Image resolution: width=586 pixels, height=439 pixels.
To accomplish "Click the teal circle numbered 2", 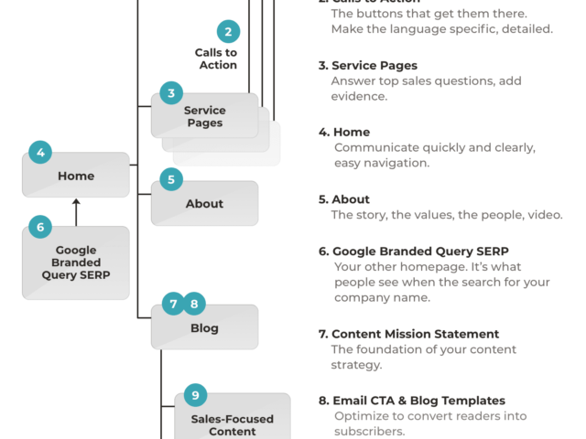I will (x=228, y=32).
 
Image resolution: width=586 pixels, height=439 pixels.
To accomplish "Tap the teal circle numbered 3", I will (x=171, y=92).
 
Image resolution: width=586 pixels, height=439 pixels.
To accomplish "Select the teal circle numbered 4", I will (x=40, y=153).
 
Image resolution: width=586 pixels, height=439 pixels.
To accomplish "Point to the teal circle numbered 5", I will (x=171, y=179).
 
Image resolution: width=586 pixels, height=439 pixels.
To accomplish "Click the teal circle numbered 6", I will (x=40, y=226).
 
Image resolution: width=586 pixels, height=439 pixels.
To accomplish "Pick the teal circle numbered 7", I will (x=173, y=304).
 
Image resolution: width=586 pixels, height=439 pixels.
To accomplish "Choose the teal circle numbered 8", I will (x=194, y=304).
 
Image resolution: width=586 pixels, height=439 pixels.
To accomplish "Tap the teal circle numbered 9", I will (x=194, y=394).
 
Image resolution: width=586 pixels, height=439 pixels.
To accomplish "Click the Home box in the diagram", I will (x=76, y=176).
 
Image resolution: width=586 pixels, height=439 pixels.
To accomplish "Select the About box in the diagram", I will (x=204, y=204).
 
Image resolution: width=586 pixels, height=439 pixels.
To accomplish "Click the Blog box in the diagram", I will (x=204, y=327).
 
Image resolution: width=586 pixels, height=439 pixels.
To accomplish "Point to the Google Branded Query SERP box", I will (x=76, y=263).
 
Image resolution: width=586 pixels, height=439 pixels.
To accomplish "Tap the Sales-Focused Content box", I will (x=232, y=423).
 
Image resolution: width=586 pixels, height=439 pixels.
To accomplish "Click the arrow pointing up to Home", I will (x=76, y=211).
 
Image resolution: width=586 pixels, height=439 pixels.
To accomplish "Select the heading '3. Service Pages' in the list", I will (x=368, y=66).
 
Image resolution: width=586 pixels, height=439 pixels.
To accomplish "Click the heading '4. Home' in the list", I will (x=344, y=132).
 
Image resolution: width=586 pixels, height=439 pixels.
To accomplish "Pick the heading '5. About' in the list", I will (x=344, y=199).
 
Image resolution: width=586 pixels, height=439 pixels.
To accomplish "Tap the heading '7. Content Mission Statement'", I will (x=408, y=334).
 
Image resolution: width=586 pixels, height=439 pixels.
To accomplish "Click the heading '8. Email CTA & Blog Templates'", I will (x=412, y=401).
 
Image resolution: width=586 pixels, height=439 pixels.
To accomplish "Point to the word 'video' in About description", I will (x=543, y=215).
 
